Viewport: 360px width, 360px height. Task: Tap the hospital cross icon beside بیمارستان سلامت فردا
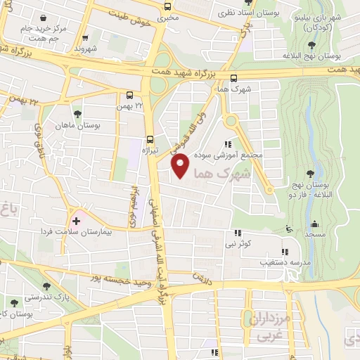click(x=77, y=221)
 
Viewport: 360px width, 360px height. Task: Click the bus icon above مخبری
click(x=167, y=5)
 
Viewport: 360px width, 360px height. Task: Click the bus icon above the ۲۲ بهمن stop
click(x=129, y=95)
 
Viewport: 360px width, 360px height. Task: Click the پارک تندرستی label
click(x=44, y=297)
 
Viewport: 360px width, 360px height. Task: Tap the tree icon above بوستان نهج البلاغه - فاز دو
click(x=310, y=173)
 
